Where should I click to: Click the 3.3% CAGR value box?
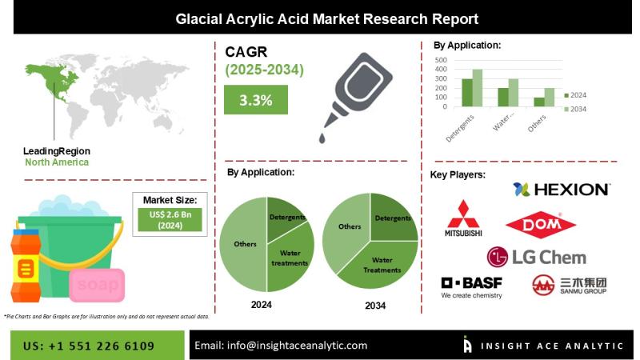point(256,99)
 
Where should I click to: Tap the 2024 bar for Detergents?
point(467,93)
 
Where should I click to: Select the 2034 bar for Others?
point(550,98)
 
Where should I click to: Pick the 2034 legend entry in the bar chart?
point(575,109)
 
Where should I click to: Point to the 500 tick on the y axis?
point(441,60)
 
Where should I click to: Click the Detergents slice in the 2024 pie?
point(286,218)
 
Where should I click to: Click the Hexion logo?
point(562,190)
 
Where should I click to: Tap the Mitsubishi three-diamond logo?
point(463,218)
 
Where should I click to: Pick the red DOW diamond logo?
point(541,225)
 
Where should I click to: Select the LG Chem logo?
point(537,257)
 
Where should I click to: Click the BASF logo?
point(472,288)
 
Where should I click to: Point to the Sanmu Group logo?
point(570,285)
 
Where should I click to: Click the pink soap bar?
point(97,285)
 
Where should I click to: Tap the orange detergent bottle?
point(26,266)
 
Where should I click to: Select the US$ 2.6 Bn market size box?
point(170,220)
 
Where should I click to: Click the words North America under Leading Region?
point(57,162)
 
